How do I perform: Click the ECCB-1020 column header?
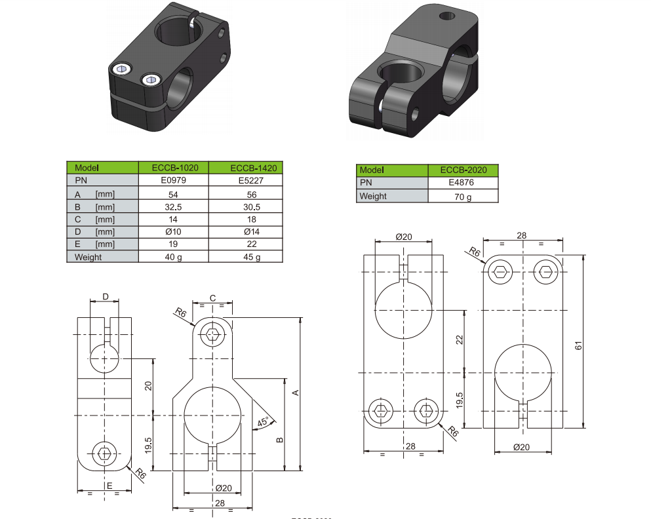click(173, 168)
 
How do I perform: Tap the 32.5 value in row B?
click(173, 206)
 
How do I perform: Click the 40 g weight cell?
click(173, 257)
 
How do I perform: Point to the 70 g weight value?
click(464, 197)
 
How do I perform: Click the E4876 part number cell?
click(464, 183)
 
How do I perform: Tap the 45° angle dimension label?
click(263, 423)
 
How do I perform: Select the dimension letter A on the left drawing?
click(295, 393)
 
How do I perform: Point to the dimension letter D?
click(106, 297)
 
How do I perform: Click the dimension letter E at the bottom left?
click(109, 485)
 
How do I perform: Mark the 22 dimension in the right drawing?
click(460, 339)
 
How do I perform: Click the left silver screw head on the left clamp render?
click(121, 70)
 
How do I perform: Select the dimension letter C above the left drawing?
click(212, 298)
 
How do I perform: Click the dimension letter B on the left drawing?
click(279, 440)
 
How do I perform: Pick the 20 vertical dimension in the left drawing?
click(148, 385)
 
